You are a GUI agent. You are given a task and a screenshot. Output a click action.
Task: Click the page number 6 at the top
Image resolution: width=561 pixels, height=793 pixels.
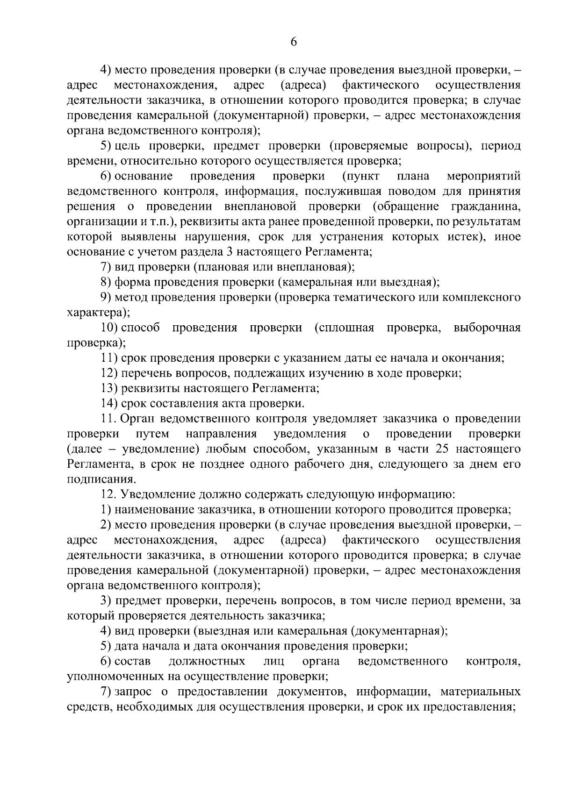coord(294,42)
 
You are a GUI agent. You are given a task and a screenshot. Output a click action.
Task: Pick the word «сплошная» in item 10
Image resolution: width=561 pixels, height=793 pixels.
coord(345,328)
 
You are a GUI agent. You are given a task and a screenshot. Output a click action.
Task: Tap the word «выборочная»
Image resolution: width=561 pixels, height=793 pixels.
coord(487,328)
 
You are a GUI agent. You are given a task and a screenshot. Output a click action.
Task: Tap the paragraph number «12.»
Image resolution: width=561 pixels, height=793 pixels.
coord(108,494)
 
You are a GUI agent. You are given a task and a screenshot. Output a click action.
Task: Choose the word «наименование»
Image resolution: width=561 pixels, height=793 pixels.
coord(155,510)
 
